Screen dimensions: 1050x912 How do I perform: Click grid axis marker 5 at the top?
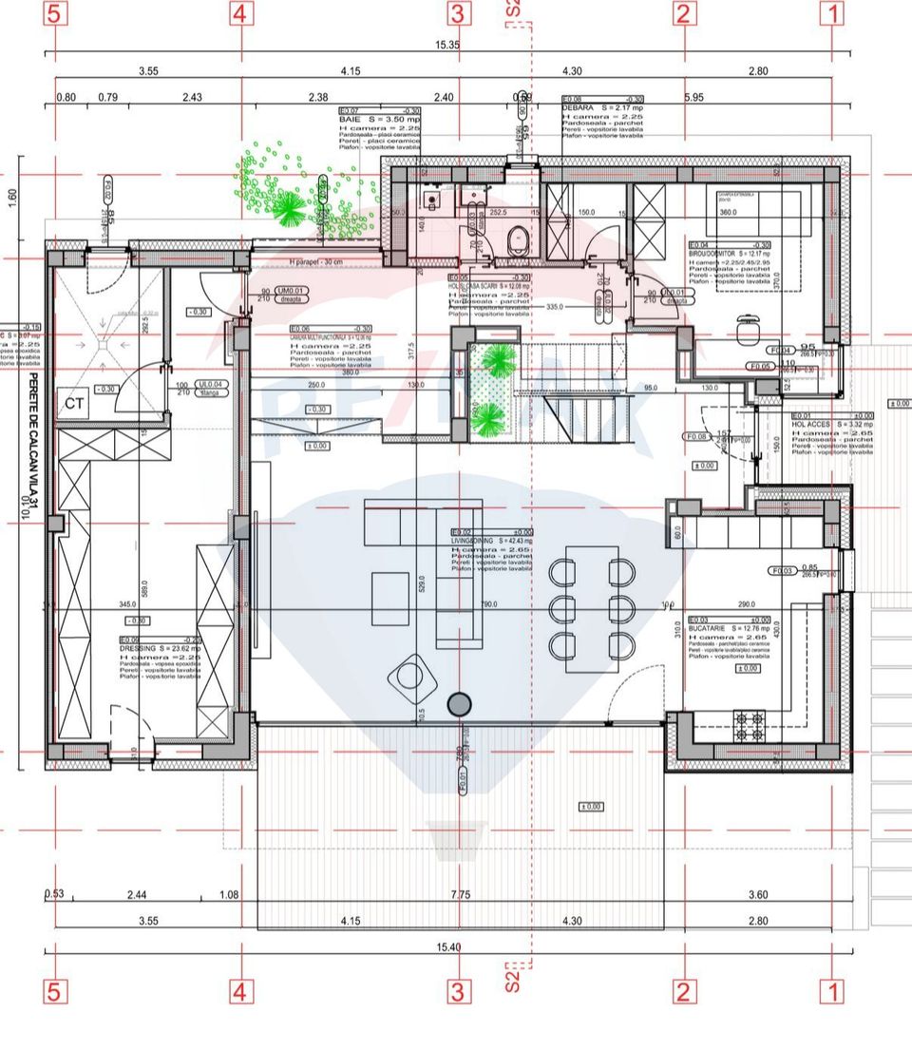(55, 14)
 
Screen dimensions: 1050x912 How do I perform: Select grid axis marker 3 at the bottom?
(459, 993)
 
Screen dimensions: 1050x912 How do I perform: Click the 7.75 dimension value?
(461, 894)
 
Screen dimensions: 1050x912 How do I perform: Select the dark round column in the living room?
(460, 703)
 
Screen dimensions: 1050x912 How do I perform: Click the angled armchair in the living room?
(410, 676)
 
